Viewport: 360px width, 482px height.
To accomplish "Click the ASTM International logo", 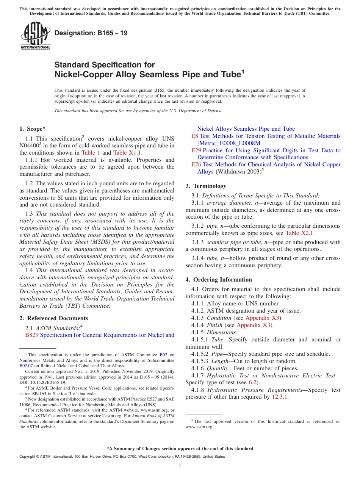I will coord(35,36).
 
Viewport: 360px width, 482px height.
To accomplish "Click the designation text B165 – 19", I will coord(91,33).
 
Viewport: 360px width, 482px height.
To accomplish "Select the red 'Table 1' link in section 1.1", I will coord(91,153).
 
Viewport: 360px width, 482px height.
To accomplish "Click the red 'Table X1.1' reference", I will coord(128,153).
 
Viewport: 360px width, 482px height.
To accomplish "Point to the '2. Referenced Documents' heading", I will coord(54,318).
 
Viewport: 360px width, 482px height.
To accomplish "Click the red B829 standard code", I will coord(32,335).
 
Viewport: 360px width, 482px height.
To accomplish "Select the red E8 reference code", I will coord(194,136).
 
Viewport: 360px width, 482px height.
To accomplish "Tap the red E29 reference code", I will coord(196,150).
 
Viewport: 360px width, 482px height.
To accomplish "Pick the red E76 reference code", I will coord(196,164).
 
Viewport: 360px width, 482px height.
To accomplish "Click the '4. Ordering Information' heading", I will coord(219,280).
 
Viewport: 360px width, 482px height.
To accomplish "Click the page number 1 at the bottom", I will coord(180,466).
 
